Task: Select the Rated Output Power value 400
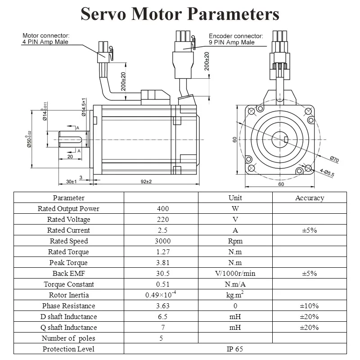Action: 163,209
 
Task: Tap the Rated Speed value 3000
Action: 163,241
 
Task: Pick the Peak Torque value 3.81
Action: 163,263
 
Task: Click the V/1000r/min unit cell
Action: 235,274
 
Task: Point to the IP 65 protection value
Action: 235,349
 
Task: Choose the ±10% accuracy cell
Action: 309,306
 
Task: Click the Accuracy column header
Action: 309,198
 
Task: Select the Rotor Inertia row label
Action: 69,295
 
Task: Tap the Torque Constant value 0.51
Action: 163,284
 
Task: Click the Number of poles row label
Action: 69,338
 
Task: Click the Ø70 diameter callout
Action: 334,159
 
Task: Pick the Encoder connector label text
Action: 235,39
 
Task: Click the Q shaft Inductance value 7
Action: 163,328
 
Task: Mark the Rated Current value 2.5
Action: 163,230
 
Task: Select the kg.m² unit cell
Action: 235,295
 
